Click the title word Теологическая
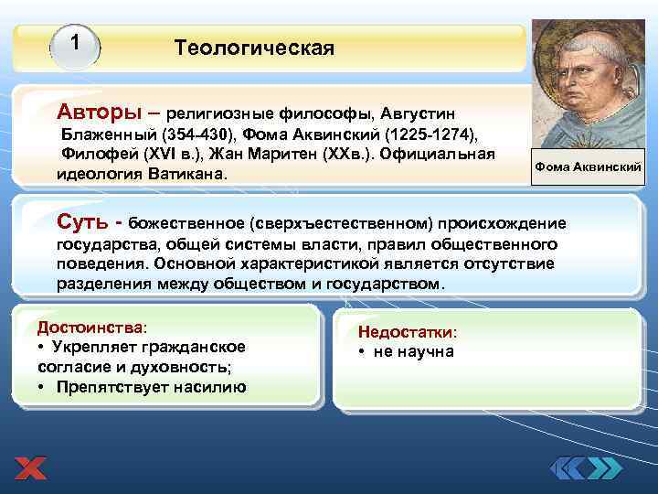point(254,47)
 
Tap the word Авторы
point(99,112)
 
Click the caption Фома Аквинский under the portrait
point(589,166)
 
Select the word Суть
point(85,221)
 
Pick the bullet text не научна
point(411,352)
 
